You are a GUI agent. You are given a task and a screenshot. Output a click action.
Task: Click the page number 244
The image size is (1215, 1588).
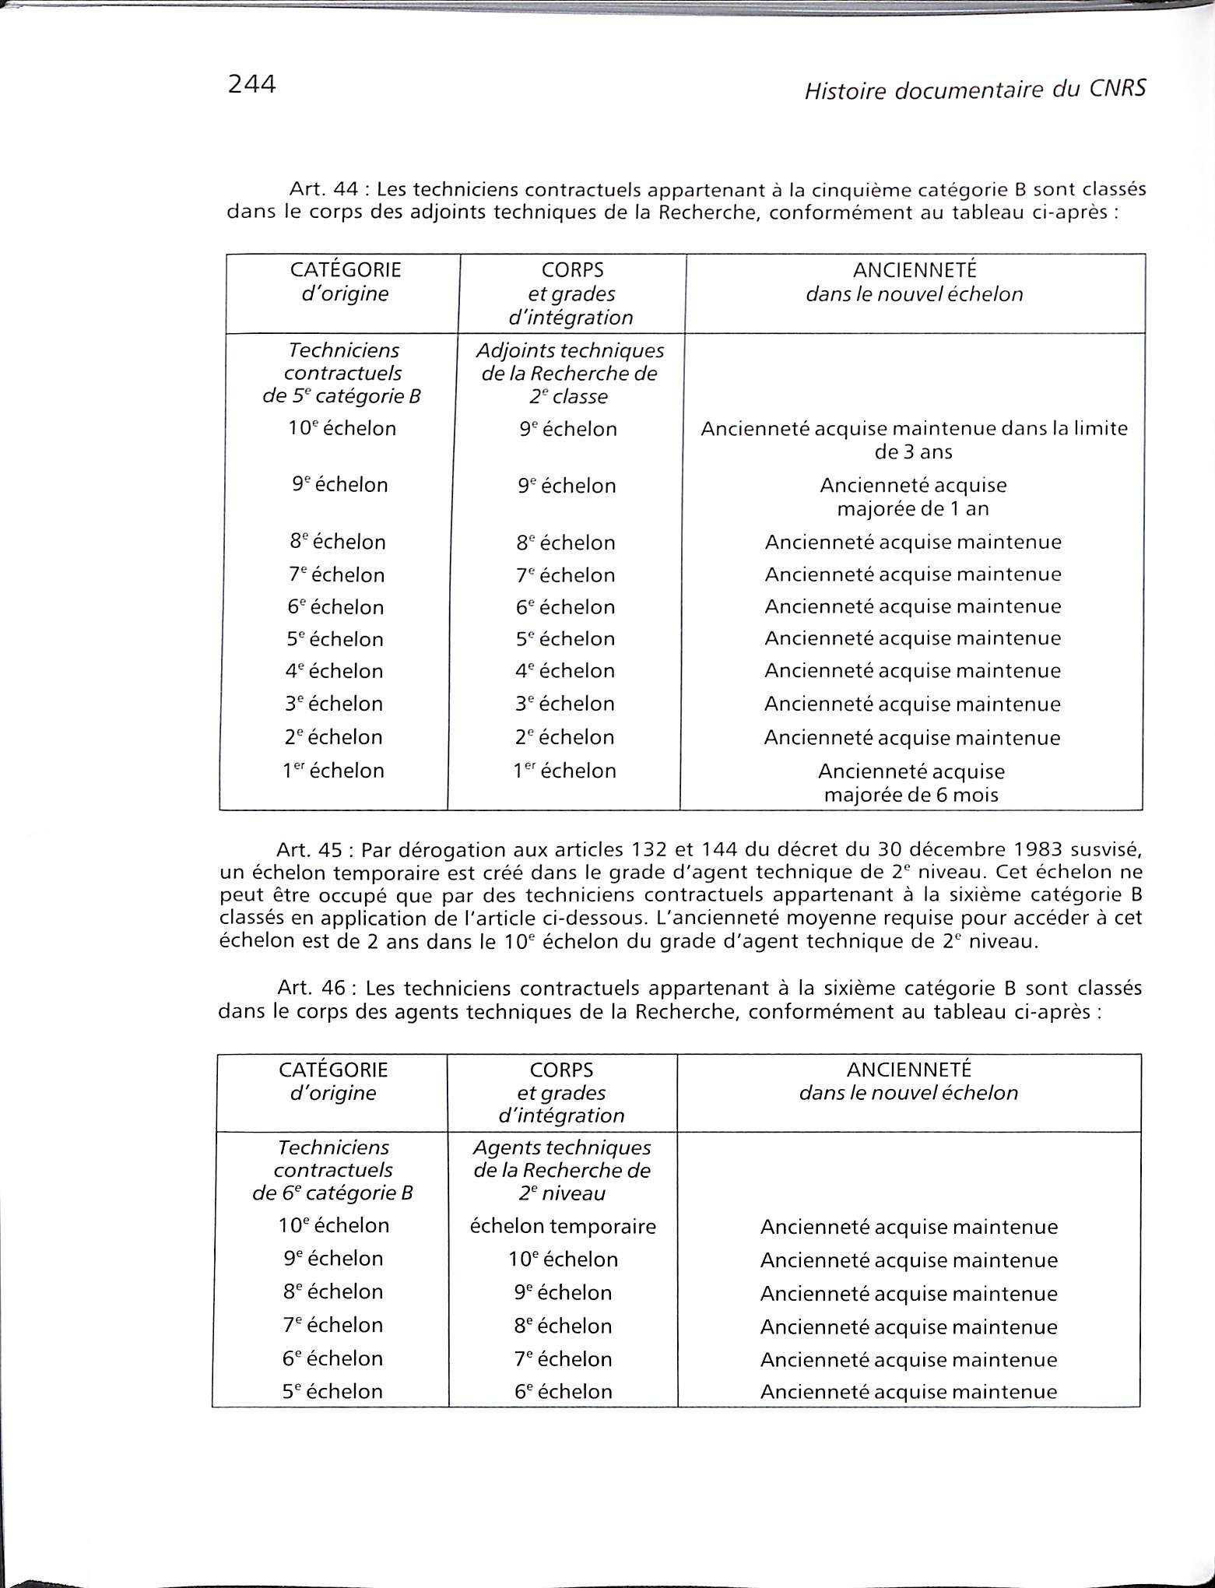pyautogui.click(x=251, y=84)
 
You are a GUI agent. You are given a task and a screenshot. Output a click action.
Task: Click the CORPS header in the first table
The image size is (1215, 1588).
pyautogui.click(x=572, y=270)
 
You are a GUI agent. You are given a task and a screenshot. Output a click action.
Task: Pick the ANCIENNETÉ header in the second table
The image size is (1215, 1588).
pyautogui.click(x=908, y=1070)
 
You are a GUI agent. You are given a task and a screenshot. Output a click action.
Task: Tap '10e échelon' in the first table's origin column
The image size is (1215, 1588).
pyautogui.click(x=342, y=429)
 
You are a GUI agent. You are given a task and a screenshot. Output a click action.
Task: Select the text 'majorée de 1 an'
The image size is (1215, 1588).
pyautogui.click(x=913, y=509)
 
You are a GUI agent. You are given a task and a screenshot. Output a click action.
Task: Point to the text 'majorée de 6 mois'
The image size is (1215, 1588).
pyautogui.click(x=911, y=795)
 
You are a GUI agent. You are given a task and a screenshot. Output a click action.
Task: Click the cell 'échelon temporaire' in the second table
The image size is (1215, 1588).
pyautogui.click(x=563, y=1227)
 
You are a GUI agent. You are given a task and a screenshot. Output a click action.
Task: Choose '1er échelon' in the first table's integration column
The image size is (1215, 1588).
pyautogui.click(x=564, y=771)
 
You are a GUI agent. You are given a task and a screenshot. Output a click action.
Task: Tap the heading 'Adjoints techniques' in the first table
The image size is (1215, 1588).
pyautogui.click(x=570, y=350)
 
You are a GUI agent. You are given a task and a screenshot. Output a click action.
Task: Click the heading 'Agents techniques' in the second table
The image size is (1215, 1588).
pyautogui.click(x=562, y=1147)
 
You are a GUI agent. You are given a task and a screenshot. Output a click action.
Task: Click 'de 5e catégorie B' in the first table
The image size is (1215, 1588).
pyautogui.click(x=342, y=397)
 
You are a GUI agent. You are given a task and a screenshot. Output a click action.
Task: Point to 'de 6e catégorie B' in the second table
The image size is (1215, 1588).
pyautogui.click(x=332, y=1193)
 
